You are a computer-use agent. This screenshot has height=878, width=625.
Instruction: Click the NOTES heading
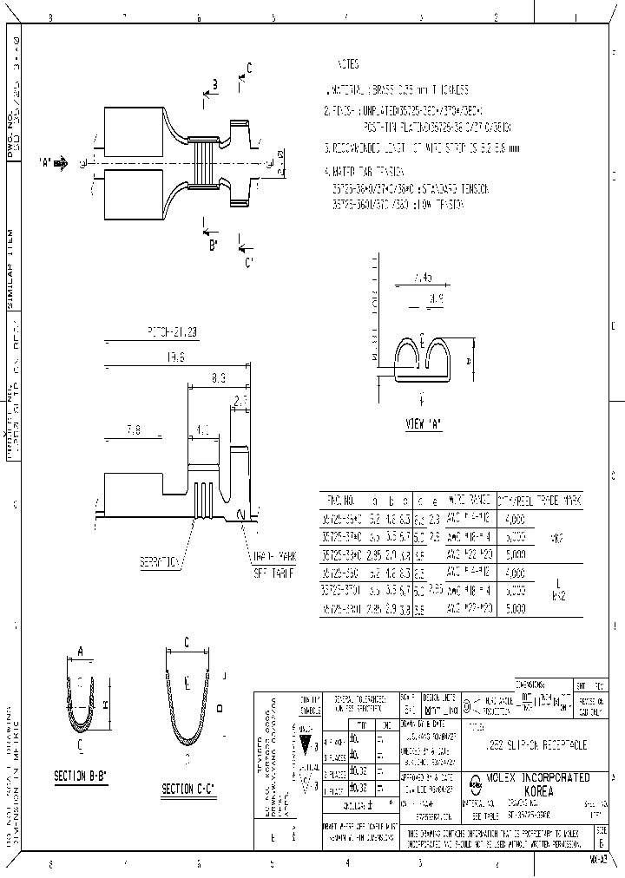tap(347, 65)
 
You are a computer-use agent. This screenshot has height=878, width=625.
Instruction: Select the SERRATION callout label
tap(159, 562)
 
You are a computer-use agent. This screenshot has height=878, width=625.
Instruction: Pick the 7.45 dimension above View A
tap(424, 278)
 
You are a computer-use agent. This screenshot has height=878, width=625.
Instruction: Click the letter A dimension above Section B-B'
tap(81, 650)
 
